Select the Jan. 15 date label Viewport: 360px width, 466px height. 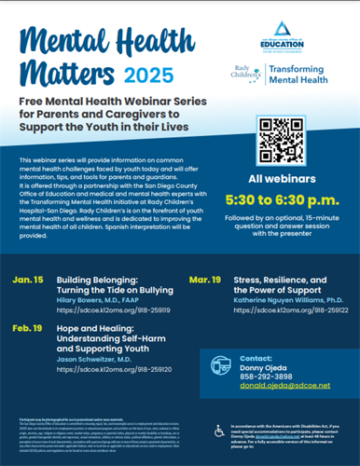(28, 280)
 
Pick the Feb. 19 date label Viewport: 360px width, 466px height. (29, 329)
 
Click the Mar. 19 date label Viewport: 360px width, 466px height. (204, 280)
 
